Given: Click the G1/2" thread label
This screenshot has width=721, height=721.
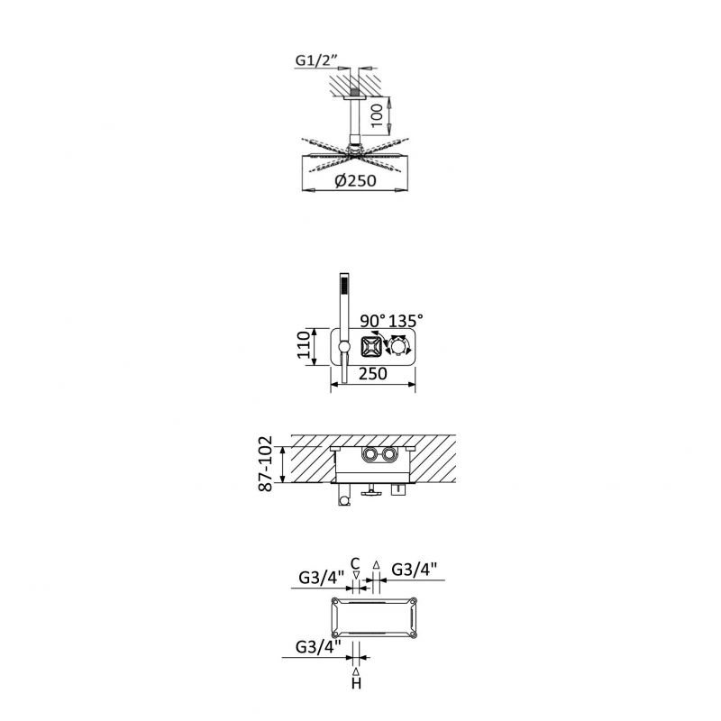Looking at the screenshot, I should coord(315,61).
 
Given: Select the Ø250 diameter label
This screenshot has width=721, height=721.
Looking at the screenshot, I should coord(354,180).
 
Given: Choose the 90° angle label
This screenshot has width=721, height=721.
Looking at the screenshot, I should coord(373,320).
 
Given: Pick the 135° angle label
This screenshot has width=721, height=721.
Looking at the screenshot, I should coord(406,320).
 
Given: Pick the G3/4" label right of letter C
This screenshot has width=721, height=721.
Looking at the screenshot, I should coord(415,569).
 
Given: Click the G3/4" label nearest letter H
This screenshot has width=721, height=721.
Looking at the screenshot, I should coord(317,645).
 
